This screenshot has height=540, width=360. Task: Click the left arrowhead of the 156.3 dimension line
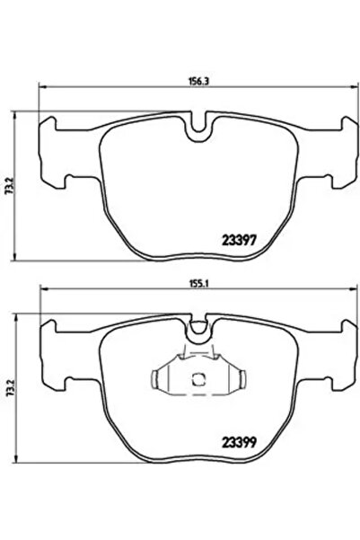40,87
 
